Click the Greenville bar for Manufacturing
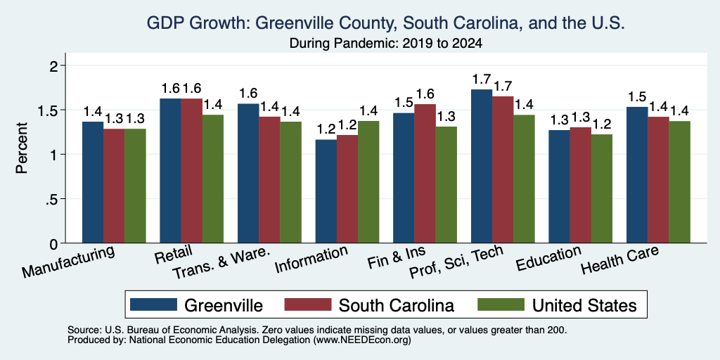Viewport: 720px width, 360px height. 93,182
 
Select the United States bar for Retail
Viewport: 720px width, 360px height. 213,179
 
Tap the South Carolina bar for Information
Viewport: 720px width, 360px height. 347,188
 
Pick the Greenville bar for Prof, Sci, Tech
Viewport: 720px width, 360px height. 482,166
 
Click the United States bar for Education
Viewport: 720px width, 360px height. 602,188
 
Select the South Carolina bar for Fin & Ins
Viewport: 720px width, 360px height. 425,174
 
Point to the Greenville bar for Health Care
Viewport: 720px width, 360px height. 637,175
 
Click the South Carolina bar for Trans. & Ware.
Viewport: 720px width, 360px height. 269,180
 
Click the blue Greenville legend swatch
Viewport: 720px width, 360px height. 153,304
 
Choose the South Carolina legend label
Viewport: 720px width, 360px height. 397,305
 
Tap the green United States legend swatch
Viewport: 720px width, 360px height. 501,304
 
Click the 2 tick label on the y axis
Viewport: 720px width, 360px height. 53,65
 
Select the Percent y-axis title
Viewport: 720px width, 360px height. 22,148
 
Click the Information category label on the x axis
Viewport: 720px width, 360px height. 311,260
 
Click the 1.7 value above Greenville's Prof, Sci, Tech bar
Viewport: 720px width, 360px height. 482,80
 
